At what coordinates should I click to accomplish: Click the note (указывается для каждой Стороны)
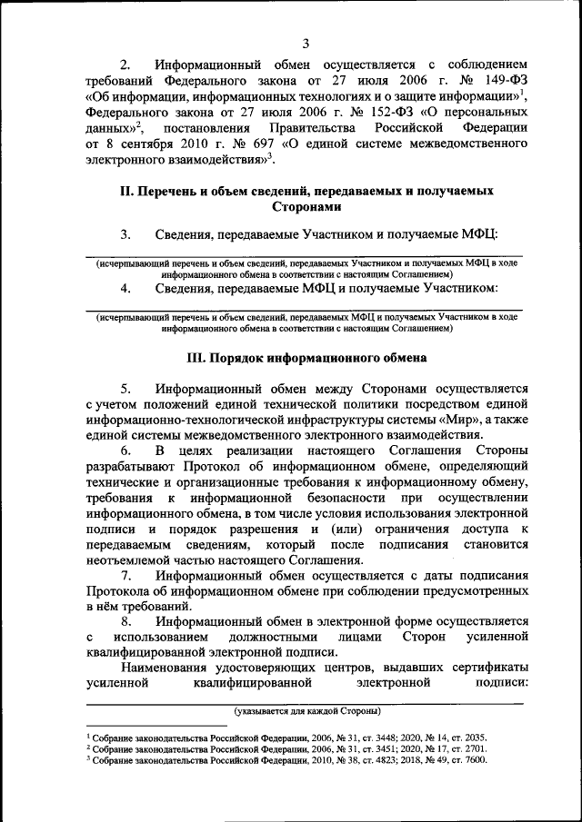(x=306, y=709)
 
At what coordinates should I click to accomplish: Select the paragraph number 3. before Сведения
(x=125, y=235)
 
